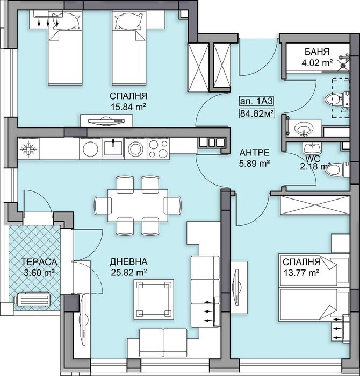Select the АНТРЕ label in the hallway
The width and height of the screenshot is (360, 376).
tap(254, 152)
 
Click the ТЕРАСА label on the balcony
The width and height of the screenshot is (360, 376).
tap(38, 262)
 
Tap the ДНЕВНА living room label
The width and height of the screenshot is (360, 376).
tap(129, 262)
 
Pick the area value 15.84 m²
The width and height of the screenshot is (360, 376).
tap(128, 107)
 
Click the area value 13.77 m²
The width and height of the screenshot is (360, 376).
tap(301, 273)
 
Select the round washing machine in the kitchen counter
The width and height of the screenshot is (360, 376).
tap(136, 148)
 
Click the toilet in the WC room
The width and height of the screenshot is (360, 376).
tap(333, 170)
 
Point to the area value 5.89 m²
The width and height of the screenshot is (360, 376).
tap(254, 162)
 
